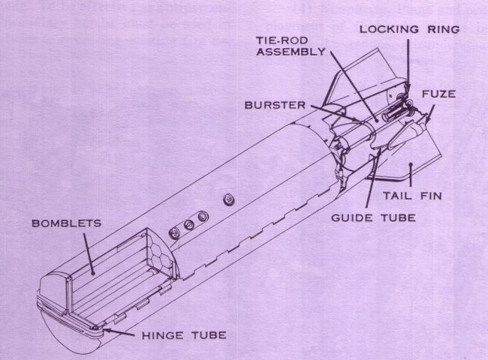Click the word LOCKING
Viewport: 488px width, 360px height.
tap(382, 29)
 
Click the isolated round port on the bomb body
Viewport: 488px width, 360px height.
tap(226, 199)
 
